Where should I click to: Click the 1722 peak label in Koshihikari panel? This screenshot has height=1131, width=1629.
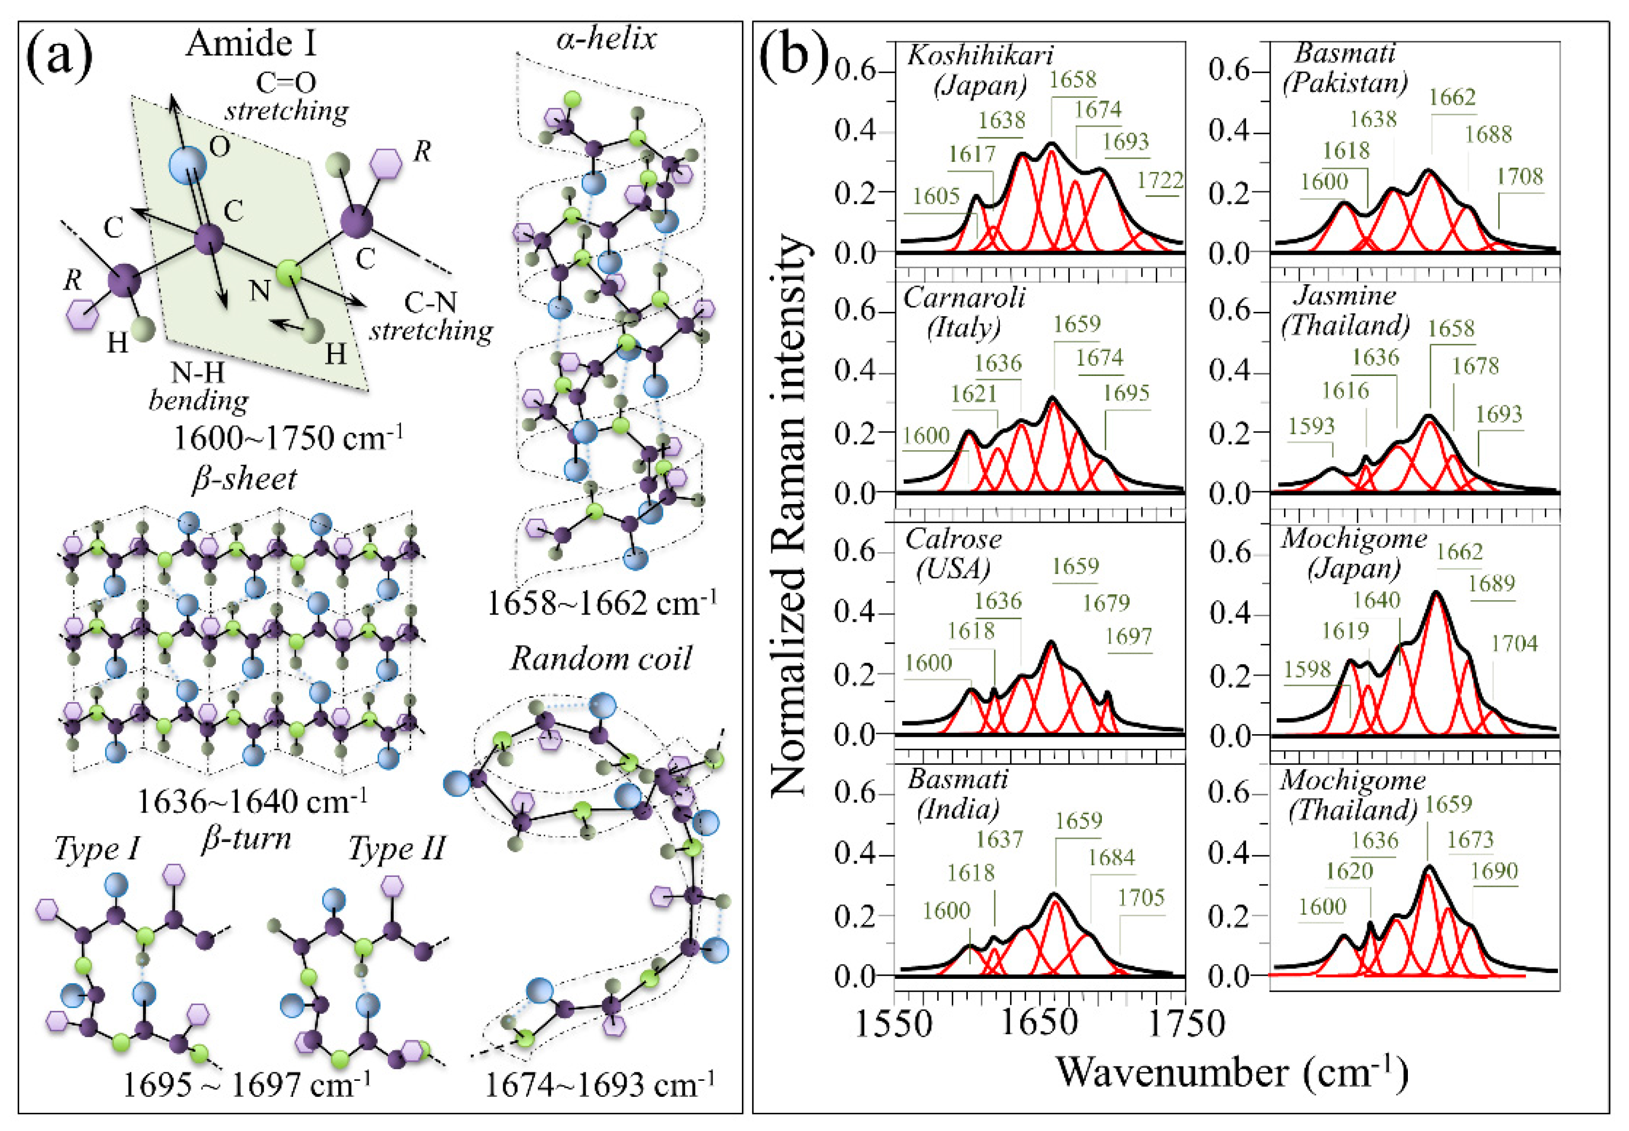point(1160,180)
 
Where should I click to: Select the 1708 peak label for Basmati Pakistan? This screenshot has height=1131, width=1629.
point(1519,176)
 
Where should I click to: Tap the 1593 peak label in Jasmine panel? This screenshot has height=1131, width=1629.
point(1311,426)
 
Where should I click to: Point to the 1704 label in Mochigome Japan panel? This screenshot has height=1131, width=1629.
point(1514,643)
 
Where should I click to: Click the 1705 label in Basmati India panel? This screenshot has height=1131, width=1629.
point(1141,898)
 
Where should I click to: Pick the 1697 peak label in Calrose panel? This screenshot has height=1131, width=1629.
point(1129,637)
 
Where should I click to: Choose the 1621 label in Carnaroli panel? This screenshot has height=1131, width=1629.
point(974,394)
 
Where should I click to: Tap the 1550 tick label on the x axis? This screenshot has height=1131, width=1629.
point(894,1023)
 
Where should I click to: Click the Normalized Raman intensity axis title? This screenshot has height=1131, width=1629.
point(789,514)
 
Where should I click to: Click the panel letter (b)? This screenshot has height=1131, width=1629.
point(792,54)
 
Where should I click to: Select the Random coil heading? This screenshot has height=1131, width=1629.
point(601,658)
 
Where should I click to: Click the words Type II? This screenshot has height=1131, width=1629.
point(397,848)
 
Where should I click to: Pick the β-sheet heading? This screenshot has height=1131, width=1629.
point(245,479)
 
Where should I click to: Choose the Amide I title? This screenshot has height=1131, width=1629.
point(251,44)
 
